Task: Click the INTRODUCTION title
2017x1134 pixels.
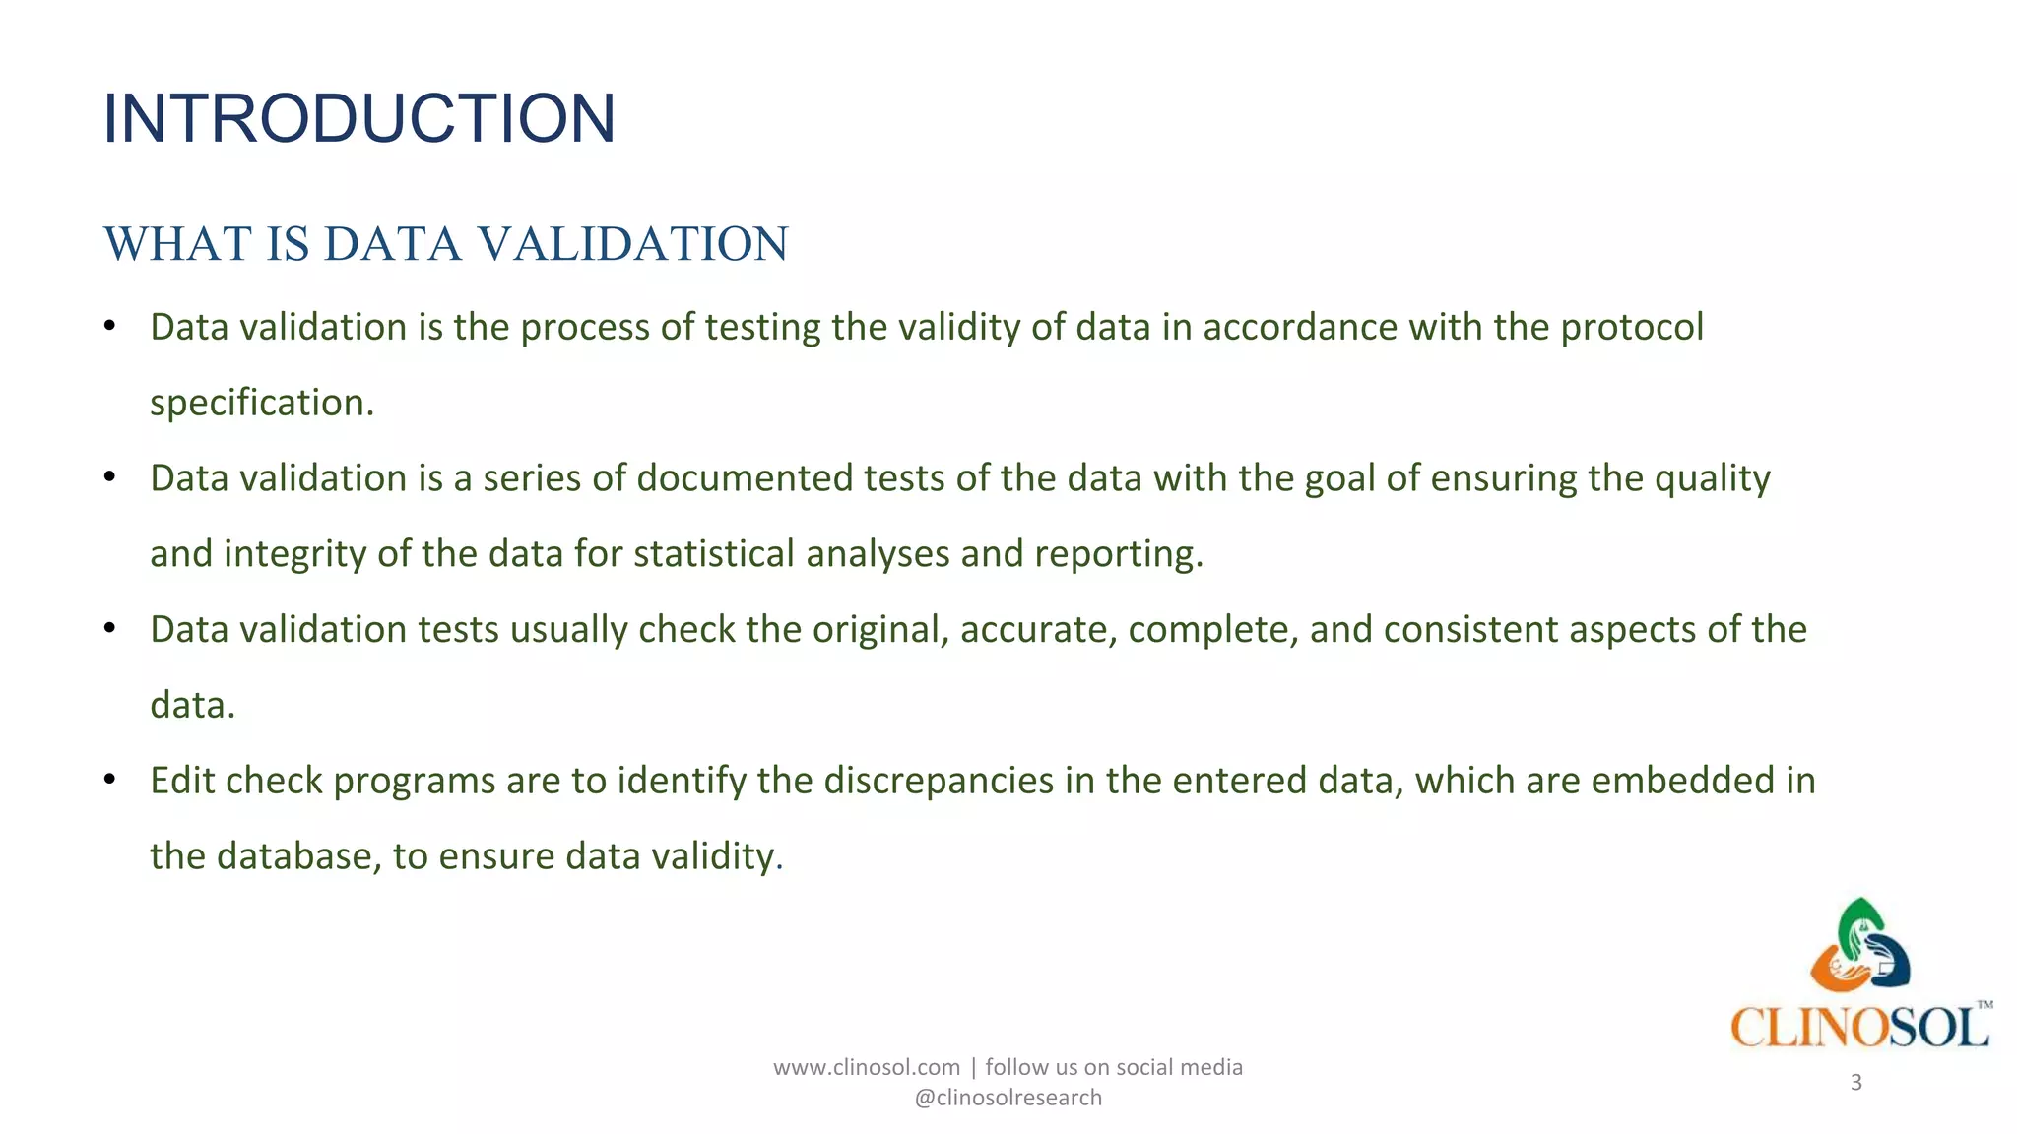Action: pos(358,118)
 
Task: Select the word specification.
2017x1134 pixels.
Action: pos(261,404)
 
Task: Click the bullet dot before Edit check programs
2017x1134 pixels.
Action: pos(110,781)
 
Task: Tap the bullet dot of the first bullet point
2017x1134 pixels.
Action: pos(110,327)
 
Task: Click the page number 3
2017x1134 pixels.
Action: pos(1855,1083)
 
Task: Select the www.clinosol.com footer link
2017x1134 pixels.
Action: pos(866,1067)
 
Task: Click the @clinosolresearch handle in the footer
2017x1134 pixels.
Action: pos(1008,1098)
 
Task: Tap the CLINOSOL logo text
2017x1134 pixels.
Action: pos(1858,1028)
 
